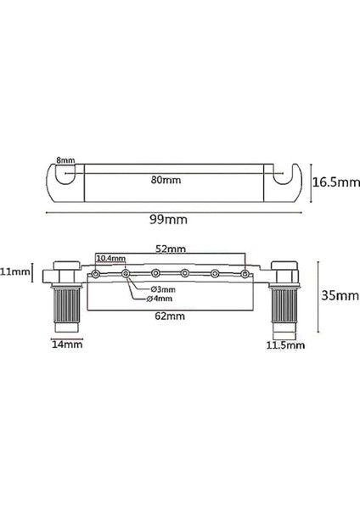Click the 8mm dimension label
click(64, 160)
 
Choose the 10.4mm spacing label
click(110, 258)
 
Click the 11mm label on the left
click(14, 273)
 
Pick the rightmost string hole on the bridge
click(245, 273)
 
